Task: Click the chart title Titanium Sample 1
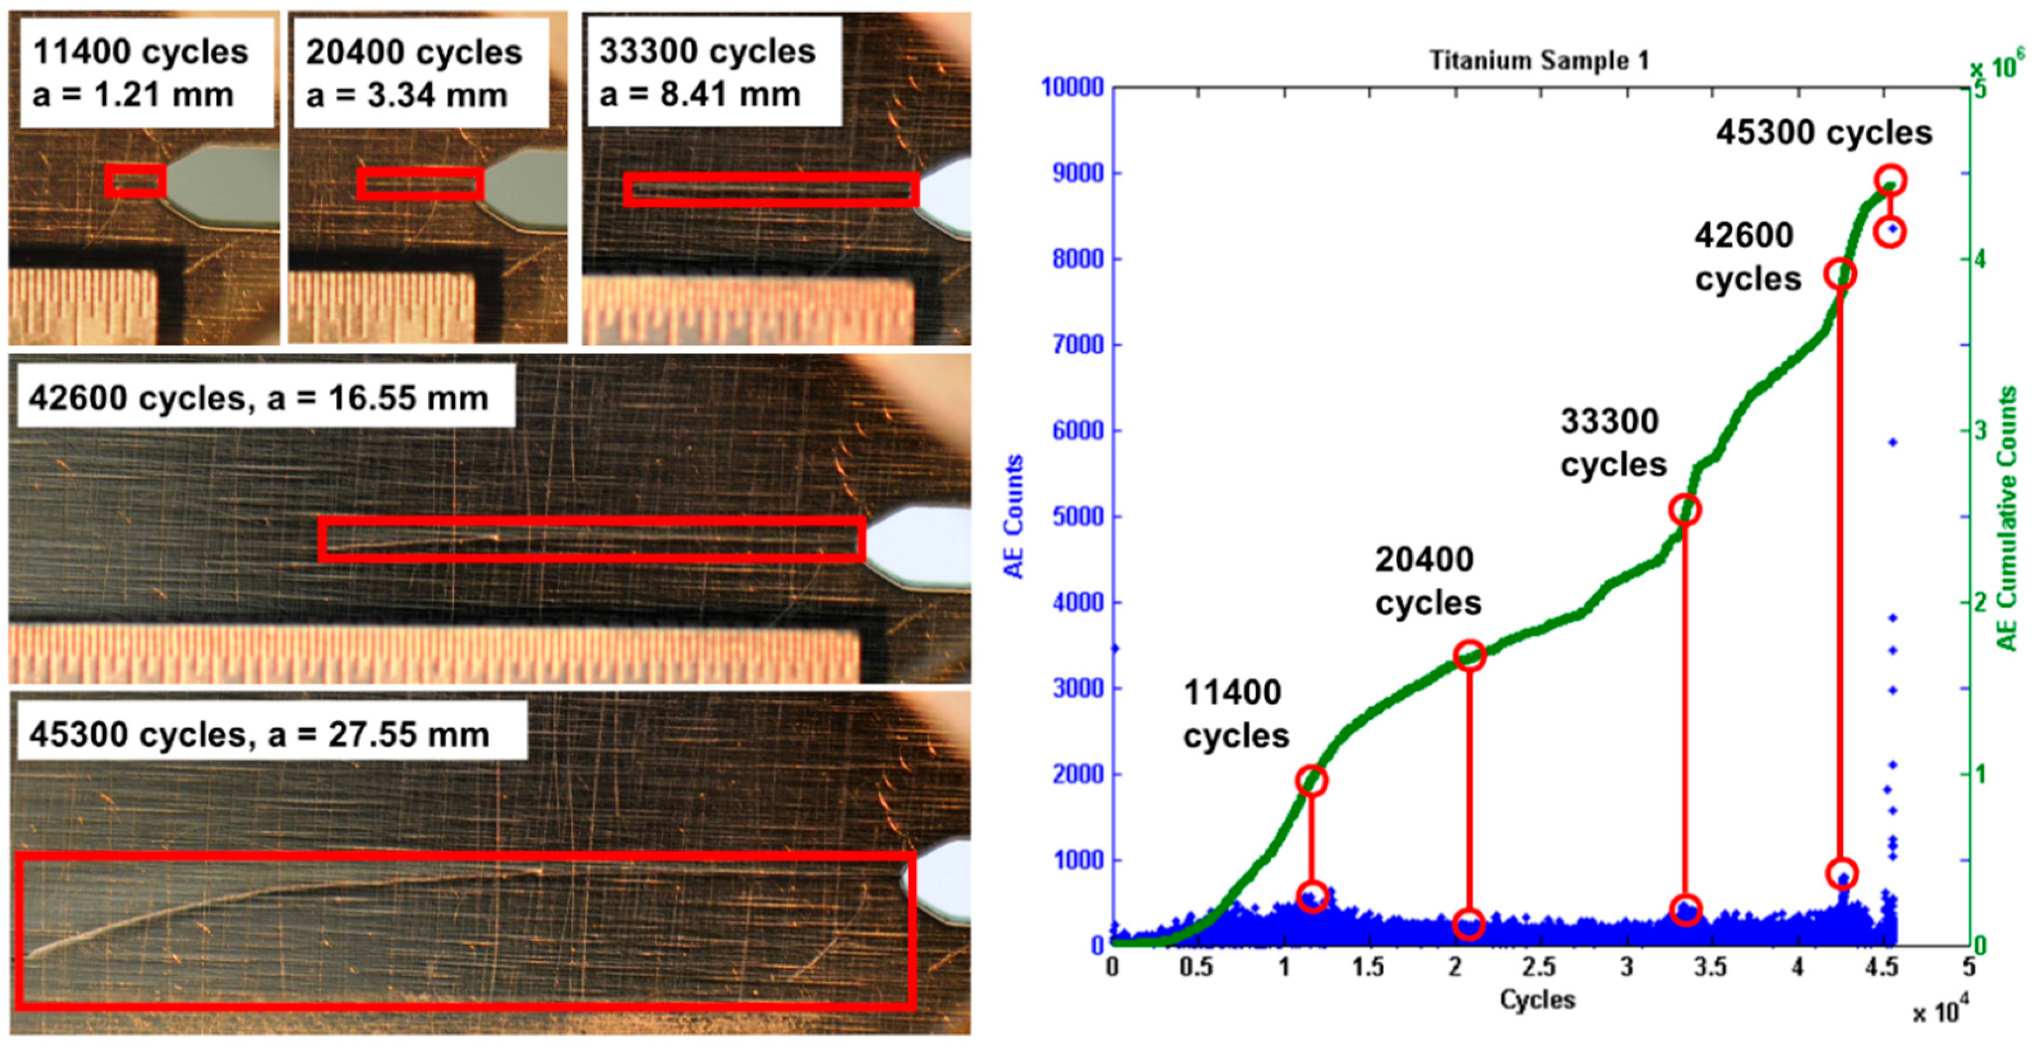[x=1539, y=60]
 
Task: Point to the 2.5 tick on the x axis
[x=1539, y=967]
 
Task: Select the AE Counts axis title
[x=1013, y=516]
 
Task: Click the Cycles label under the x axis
[x=1537, y=1000]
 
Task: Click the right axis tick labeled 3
[x=1978, y=431]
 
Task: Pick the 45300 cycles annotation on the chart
[x=1824, y=132]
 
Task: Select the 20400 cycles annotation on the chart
[x=1428, y=581]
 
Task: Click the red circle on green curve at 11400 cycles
[x=1312, y=781]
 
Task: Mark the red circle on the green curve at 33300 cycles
[x=1685, y=509]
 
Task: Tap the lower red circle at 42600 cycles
[x=1841, y=874]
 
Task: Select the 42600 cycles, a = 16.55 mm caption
[x=259, y=398]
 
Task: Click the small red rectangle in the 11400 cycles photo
[x=135, y=180]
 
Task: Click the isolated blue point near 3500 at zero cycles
[x=1115, y=648]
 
